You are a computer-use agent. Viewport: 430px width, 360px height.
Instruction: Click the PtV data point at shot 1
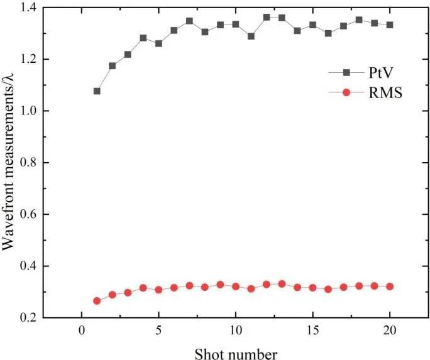click(x=97, y=91)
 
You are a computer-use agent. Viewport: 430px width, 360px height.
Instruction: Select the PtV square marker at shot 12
click(x=267, y=17)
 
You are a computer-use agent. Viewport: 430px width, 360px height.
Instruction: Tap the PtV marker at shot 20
click(x=390, y=25)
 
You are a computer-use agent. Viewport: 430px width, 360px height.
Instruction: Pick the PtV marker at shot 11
click(x=251, y=36)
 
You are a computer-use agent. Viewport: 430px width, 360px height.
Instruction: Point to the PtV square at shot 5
click(x=158, y=43)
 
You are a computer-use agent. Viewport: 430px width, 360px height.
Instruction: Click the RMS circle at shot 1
click(x=97, y=301)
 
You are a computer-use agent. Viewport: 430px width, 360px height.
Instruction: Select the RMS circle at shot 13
click(x=282, y=284)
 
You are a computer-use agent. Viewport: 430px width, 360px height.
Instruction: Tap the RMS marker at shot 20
click(x=390, y=286)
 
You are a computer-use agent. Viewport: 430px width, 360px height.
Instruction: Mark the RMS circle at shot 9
click(x=220, y=285)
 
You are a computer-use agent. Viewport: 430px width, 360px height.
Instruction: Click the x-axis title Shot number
click(x=236, y=353)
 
